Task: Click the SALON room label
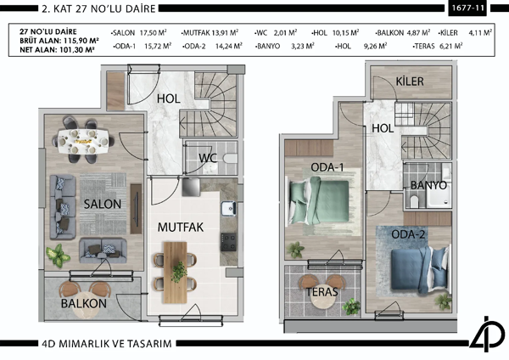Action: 103,204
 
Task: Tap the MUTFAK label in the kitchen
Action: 177,227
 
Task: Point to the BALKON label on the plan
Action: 83,303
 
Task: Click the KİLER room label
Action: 409,82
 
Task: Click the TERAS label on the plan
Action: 323,292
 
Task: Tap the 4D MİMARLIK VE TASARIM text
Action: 120,343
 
